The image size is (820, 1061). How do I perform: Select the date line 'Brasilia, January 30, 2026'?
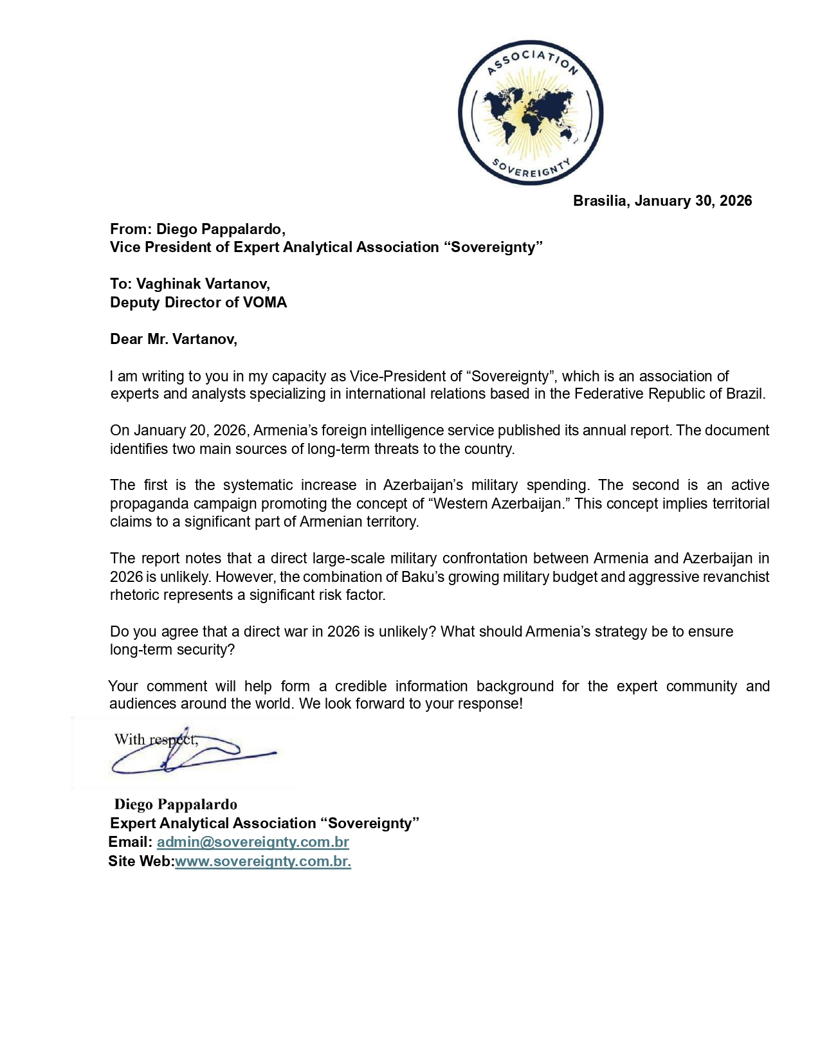click(x=662, y=201)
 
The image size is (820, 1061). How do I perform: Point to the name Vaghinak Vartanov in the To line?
click(x=202, y=284)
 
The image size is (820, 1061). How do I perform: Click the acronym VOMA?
click(x=264, y=302)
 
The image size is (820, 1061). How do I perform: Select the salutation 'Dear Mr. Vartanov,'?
click(x=174, y=339)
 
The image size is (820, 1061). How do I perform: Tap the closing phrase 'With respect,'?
click(x=156, y=739)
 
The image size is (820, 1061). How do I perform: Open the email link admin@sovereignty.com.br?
click(x=253, y=842)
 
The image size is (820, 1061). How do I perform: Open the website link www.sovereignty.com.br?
click(x=262, y=861)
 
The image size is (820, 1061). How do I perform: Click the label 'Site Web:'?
click(x=141, y=861)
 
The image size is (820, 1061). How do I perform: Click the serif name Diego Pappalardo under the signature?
click(x=176, y=804)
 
